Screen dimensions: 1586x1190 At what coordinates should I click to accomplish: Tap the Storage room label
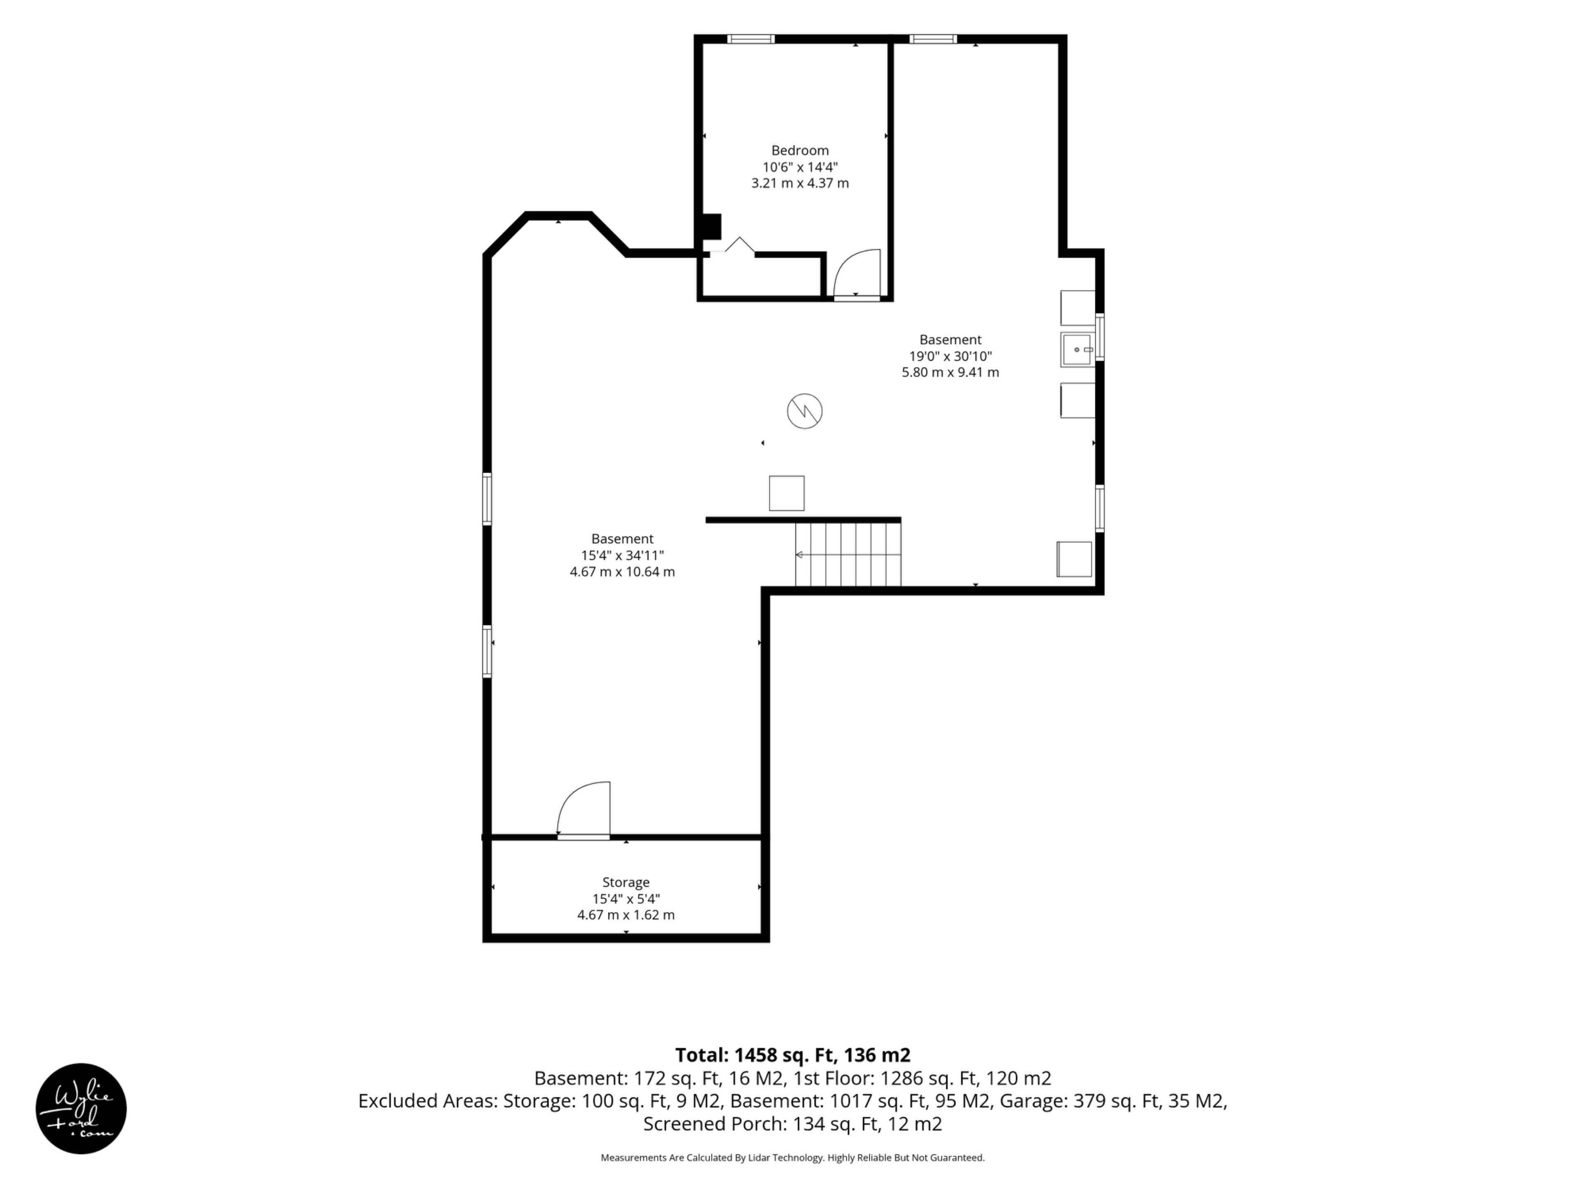(x=626, y=882)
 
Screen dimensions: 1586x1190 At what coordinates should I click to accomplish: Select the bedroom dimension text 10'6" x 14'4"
(x=800, y=167)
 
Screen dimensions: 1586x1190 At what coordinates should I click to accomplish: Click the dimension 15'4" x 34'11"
(x=622, y=555)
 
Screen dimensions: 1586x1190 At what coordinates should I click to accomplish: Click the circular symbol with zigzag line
(x=805, y=412)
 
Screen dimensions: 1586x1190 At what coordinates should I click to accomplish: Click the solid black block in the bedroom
(x=711, y=227)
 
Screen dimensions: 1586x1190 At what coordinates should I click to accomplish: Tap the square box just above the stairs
(x=786, y=493)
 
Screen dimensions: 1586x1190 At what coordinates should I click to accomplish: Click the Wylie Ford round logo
(x=81, y=1108)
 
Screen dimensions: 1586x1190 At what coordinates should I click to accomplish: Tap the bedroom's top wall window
(x=751, y=39)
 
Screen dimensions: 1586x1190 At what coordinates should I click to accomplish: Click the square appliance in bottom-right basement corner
(x=1074, y=559)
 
